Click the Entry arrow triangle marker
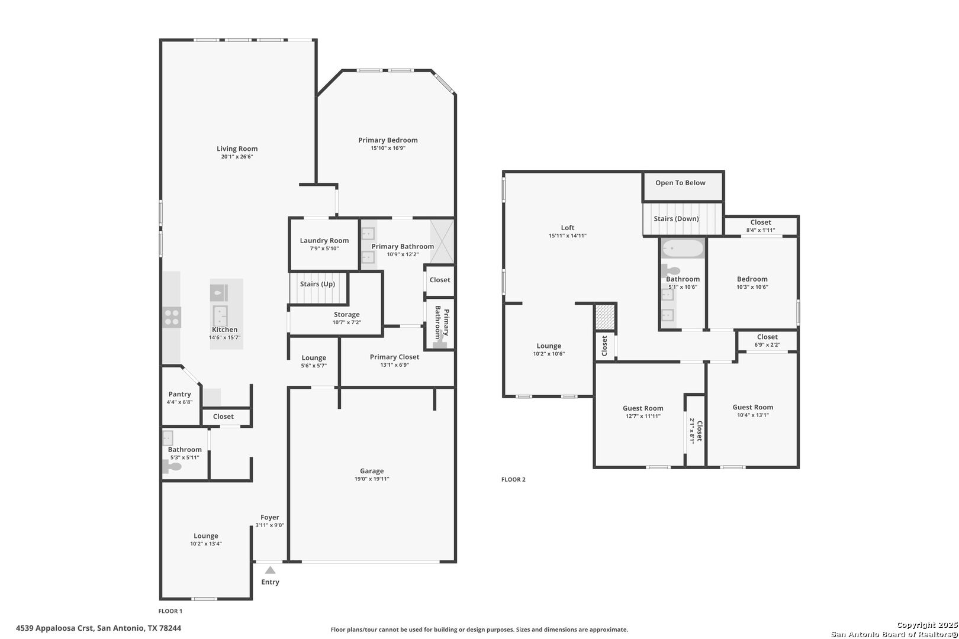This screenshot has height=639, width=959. (x=270, y=570)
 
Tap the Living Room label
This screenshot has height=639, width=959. (x=237, y=149)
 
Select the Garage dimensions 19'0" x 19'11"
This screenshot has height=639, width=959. (x=372, y=479)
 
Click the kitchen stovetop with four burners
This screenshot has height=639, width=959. (x=172, y=318)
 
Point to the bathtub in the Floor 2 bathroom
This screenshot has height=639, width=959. (x=683, y=248)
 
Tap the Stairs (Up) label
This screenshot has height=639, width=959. (x=317, y=284)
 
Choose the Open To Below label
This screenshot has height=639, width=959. (x=680, y=183)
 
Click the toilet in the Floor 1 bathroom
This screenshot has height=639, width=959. (x=172, y=467)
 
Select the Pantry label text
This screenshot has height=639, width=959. (x=179, y=394)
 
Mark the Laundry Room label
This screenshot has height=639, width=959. (x=324, y=241)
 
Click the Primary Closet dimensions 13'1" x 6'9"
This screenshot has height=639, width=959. (x=394, y=365)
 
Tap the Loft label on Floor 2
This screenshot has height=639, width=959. (x=568, y=228)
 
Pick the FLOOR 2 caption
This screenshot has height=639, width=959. (x=513, y=479)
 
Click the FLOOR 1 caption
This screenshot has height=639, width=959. (x=170, y=611)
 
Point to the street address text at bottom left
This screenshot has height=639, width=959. (x=98, y=628)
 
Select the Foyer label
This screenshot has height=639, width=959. (x=270, y=517)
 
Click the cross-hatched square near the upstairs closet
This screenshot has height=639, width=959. (x=606, y=317)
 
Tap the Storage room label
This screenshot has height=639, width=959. (x=347, y=315)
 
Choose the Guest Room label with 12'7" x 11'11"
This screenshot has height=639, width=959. (x=643, y=408)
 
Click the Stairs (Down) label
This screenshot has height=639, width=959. (x=677, y=219)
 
